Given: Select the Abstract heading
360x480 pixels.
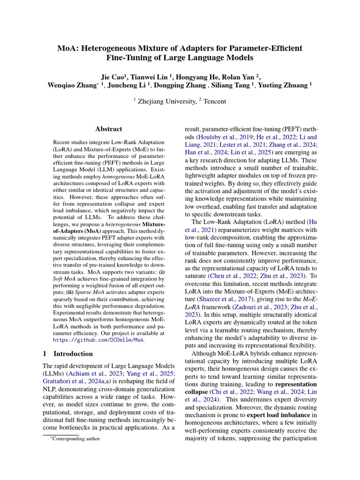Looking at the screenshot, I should click(108, 129).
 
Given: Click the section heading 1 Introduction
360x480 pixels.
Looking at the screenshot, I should click(67, 353).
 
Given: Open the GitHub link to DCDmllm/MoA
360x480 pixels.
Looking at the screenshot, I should click(97, 339).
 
